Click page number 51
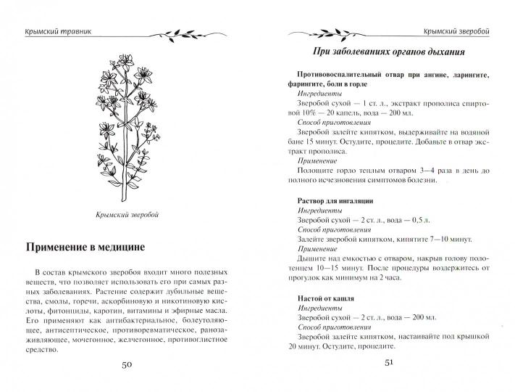[x=389, y=363]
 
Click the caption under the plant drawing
[x=127, y=215]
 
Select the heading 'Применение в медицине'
[x=85, y=246]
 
